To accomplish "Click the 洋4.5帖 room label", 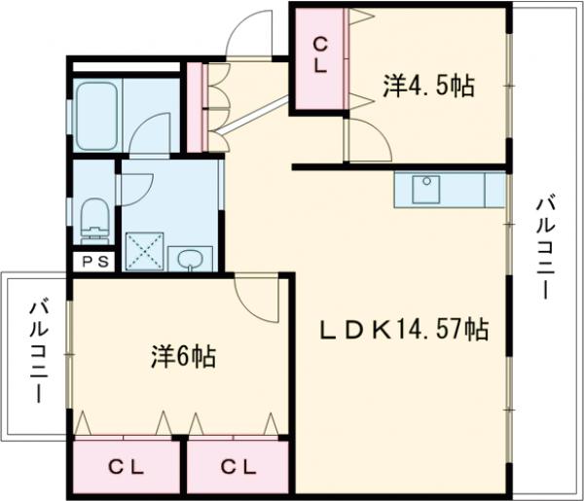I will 427,87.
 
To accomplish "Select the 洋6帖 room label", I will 183,357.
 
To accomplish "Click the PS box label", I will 95,261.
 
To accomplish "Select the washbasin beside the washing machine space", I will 190,259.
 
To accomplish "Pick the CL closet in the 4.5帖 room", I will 318,56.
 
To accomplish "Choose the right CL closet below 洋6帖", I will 237,468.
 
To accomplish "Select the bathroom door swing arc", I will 149,134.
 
